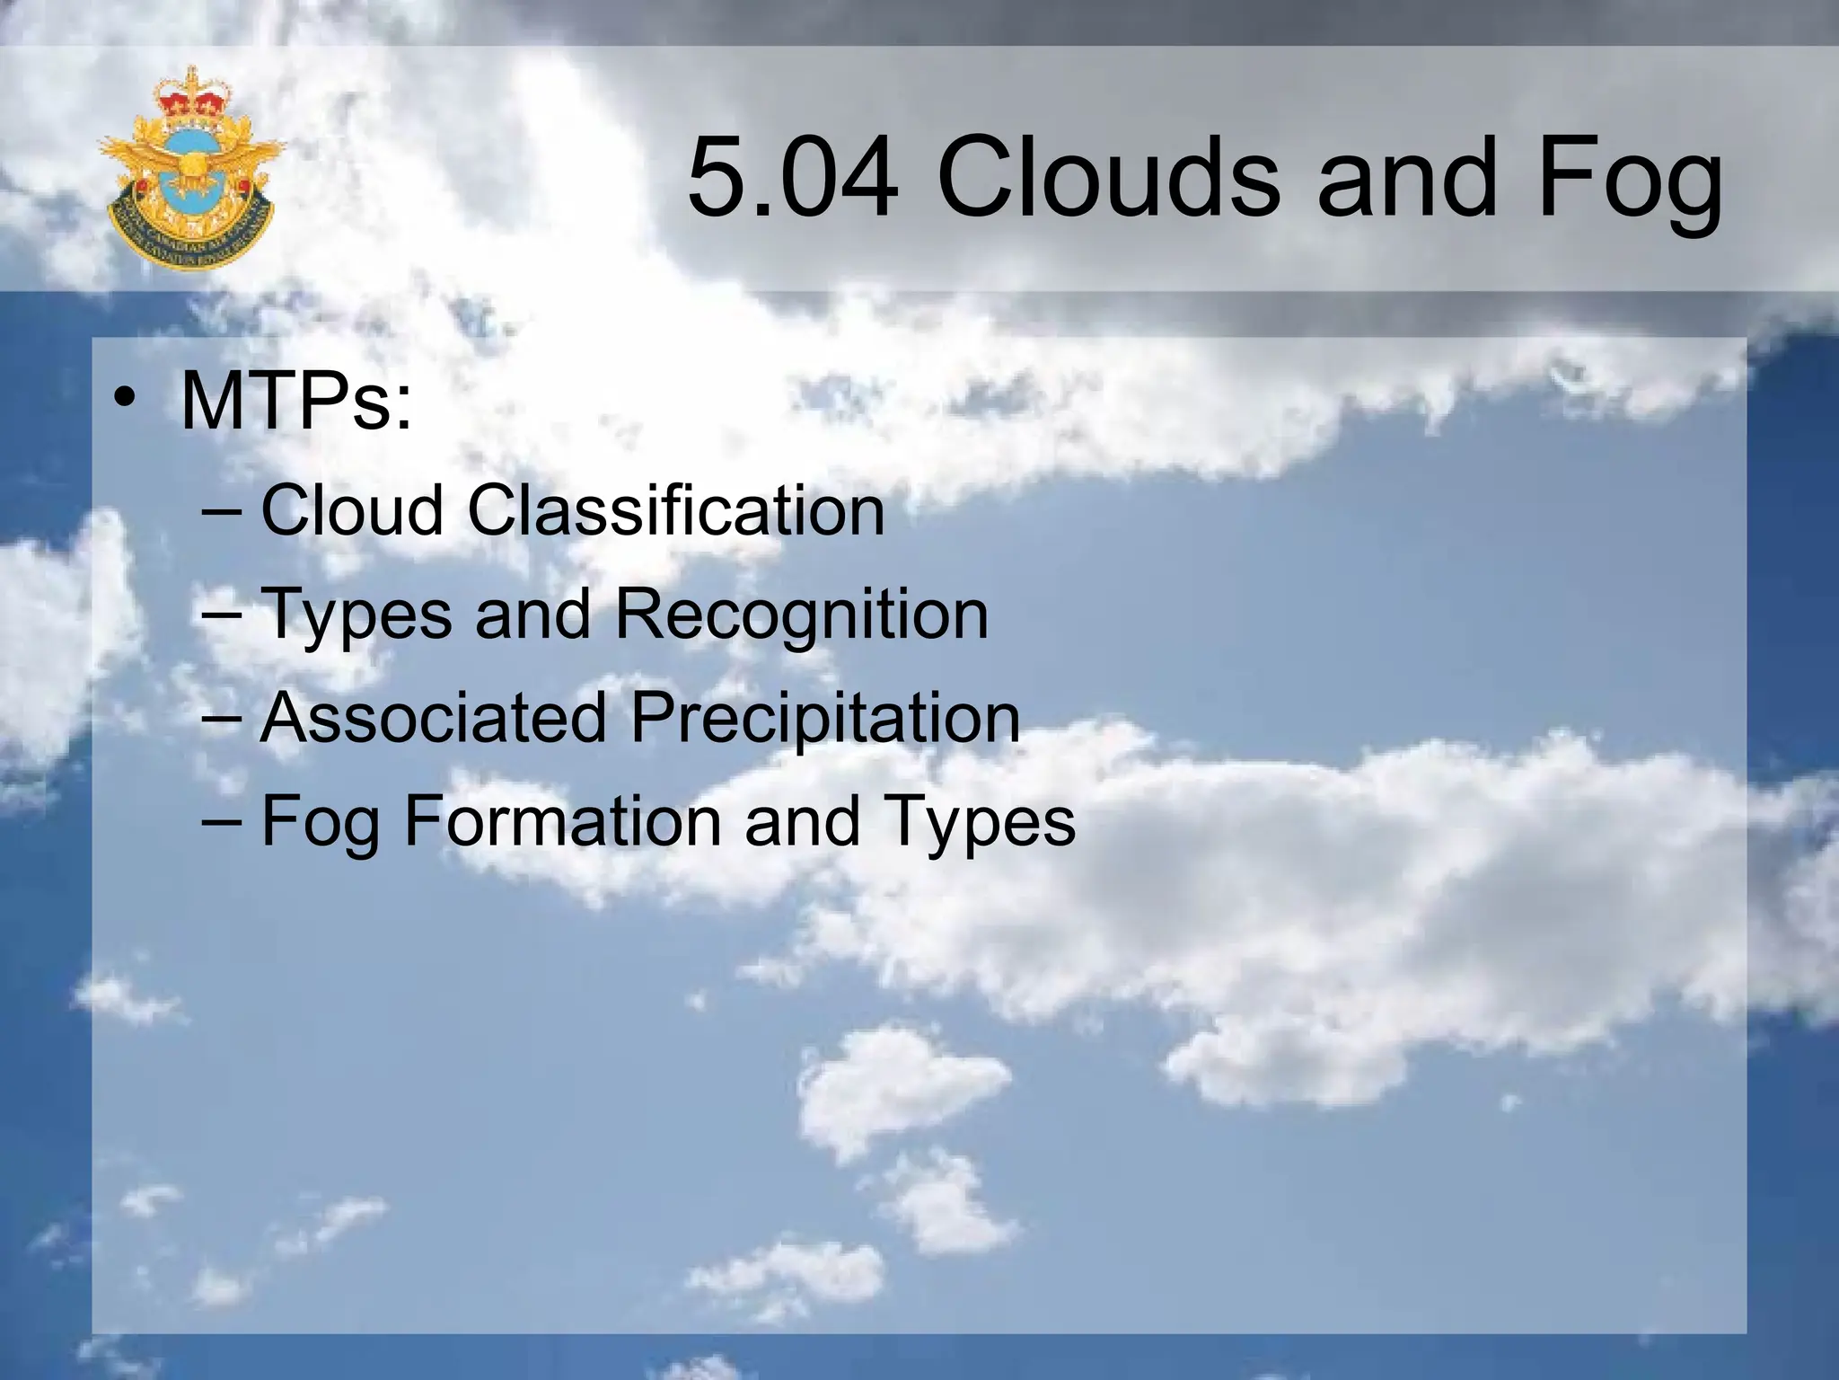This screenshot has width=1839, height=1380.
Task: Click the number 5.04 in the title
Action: [x=792, y=176]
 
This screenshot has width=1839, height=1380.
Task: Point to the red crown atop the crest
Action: [x=191, y=96]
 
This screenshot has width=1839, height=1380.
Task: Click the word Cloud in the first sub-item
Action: [x=352, y=509]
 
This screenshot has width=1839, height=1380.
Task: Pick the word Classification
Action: [x=676, y=509]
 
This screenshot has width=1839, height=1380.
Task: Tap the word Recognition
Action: [x=802, y=614]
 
